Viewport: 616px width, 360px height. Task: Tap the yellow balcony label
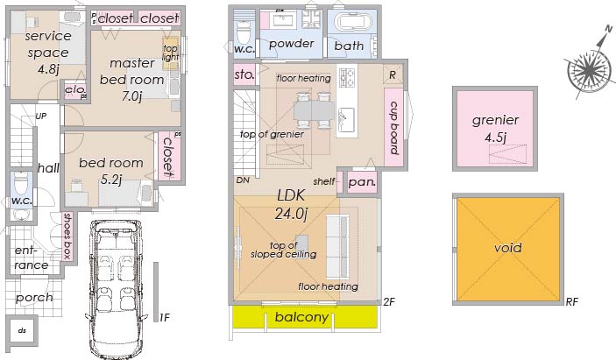tap(301, 317)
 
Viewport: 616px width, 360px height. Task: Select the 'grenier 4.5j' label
tap(495, 128)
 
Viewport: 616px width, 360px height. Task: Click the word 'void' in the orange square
tap(508, 247)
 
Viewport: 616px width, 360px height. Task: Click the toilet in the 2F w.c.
tap(244, 32)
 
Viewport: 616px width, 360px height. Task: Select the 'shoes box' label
tap(67, 236)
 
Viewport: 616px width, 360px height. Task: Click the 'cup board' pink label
tap(394, 128)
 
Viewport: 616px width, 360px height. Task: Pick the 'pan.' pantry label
tap(362, 182)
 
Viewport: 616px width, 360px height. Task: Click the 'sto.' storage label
tap(244, 74)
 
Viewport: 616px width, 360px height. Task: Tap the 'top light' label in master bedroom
tap(171, 53)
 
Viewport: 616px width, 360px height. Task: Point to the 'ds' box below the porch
tap(23, 330)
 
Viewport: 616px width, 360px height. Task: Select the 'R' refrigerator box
tap(393, 74)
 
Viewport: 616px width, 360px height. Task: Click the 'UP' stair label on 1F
tap(41, 116)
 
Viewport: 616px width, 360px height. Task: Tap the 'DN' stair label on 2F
tap(243, 180)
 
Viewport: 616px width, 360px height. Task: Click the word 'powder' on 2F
tap(292, 44)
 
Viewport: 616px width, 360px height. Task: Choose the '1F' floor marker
tap(164, 317)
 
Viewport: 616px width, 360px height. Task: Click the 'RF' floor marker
tap(571, 301)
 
